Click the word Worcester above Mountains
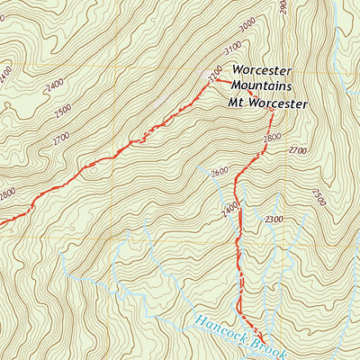pos(264,69)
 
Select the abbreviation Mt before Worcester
pos(236,103)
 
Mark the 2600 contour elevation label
pos(217,174)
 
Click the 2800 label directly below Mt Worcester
pos(273,138)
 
